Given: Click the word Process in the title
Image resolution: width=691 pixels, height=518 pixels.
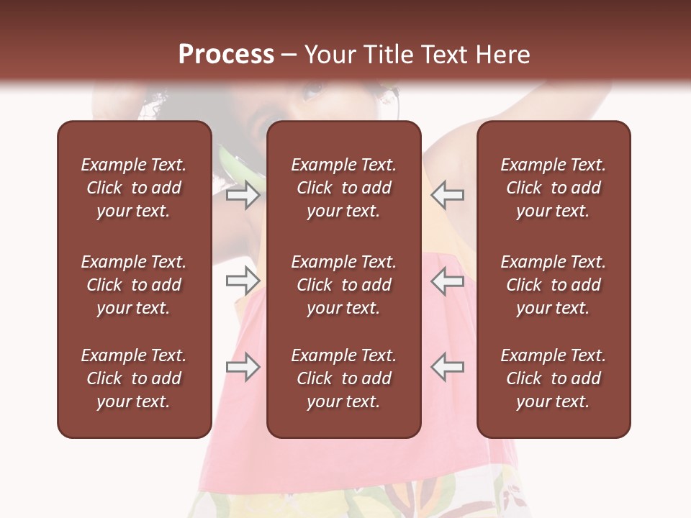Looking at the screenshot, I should click(226, 55).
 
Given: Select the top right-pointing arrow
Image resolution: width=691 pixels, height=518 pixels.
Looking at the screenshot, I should click(243, 194).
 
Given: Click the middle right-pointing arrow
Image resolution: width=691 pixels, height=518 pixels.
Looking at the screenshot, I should click(243, 281).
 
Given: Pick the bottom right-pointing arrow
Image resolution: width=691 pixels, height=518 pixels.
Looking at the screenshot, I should click(243, 367).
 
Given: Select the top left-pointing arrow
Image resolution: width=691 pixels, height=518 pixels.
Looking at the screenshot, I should click(448, 194).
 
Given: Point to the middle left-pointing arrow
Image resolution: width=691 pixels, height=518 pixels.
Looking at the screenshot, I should click(448, 281).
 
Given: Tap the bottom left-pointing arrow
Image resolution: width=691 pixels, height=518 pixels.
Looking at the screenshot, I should click(448, 367).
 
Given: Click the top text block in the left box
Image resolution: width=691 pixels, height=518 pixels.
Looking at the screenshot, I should click(134, 188).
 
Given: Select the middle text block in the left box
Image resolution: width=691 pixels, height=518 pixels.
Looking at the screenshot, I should click(134, 285).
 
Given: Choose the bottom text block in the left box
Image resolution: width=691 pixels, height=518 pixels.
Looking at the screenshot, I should click(134, 378).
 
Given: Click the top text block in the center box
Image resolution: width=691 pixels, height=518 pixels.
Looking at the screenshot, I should click(343, 188).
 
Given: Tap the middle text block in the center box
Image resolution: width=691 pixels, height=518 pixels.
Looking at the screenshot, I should click(343, 285).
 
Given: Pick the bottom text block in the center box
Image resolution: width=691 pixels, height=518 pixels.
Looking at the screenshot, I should click(343, 378).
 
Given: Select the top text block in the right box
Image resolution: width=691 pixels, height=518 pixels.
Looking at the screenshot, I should click(554, 188).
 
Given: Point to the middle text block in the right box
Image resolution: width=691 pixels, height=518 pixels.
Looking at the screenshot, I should click(554, 285).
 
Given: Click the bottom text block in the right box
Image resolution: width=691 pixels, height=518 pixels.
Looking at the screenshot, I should click(554, 378).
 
